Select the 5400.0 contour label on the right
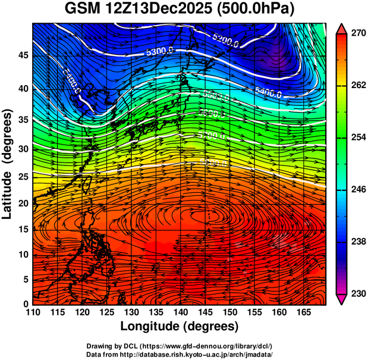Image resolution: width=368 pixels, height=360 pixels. [268, 92]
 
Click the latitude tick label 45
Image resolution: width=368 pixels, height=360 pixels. [23, 55]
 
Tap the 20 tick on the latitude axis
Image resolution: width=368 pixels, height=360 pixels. [23, 204]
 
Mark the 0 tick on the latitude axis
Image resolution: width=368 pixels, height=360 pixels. [25, 303]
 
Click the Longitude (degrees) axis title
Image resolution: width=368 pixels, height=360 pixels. [180, 327]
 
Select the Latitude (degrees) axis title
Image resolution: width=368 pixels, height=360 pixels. [8, 164]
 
